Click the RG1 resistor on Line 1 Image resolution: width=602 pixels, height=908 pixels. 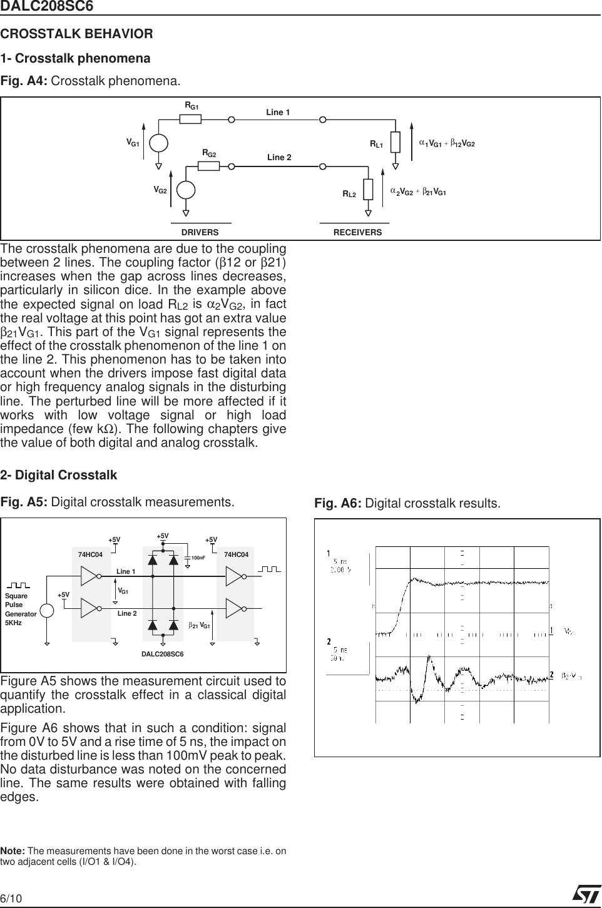190,119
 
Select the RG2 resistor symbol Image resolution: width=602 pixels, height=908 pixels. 208,166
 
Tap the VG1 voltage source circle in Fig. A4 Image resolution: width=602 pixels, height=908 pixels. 158,143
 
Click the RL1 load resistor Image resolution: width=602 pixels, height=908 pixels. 395,142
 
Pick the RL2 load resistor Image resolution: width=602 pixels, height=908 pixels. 368,188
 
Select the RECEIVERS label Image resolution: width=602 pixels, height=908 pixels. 357,232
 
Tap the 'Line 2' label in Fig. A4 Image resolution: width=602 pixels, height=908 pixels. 279,157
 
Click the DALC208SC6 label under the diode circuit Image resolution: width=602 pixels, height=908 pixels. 162,653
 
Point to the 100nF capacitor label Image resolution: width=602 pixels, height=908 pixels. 198,557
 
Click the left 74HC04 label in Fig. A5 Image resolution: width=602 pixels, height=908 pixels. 90,554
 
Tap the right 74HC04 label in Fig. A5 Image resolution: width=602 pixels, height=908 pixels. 236,554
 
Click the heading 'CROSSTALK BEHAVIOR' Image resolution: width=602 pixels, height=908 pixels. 77,34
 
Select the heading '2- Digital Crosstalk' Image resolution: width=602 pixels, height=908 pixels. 59,475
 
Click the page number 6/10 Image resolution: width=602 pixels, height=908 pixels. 11,899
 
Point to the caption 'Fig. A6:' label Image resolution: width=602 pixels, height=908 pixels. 337,504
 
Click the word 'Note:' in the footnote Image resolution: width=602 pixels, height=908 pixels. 13,851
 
